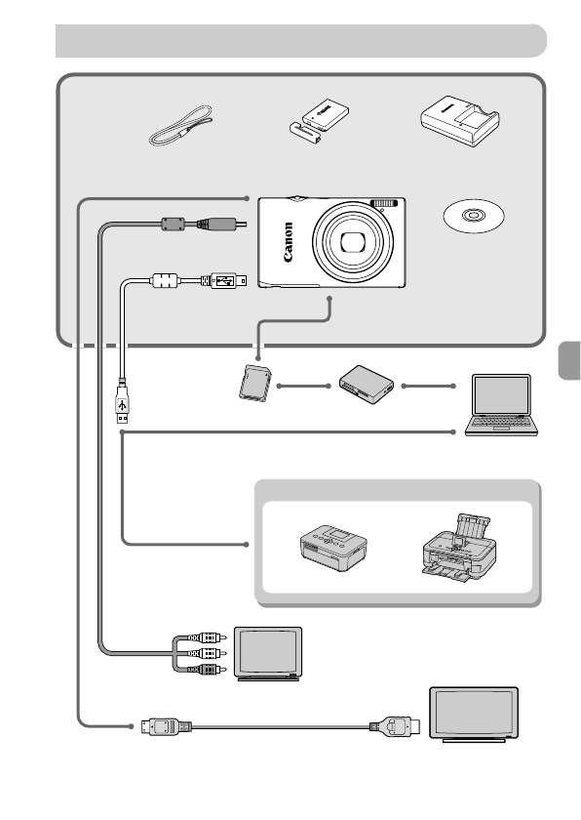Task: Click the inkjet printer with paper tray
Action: coord(462,545)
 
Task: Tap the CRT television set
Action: coord(271,654)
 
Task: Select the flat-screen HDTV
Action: coord(474,714)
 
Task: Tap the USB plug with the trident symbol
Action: coord(121,404)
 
